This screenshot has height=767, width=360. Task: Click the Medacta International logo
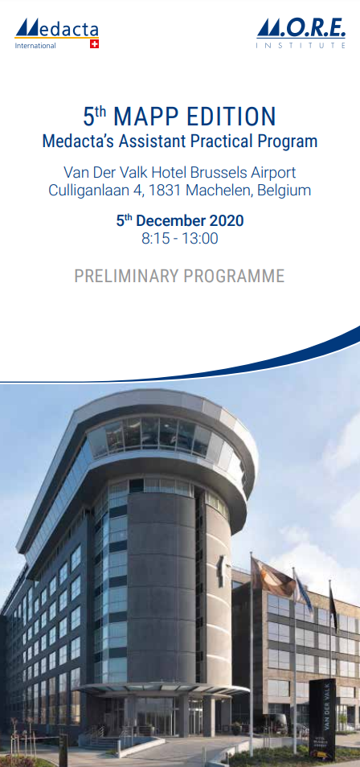click(57, 33)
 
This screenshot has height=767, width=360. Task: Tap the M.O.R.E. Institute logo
click(301, 33)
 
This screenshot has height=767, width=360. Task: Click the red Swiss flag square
click(94, 44)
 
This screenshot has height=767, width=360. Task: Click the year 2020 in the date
click(226, 220)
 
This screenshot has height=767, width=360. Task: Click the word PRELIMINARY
click(126, 277)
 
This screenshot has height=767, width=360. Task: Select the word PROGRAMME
click(234, 277)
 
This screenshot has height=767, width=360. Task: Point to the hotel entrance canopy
click(164, 690)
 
